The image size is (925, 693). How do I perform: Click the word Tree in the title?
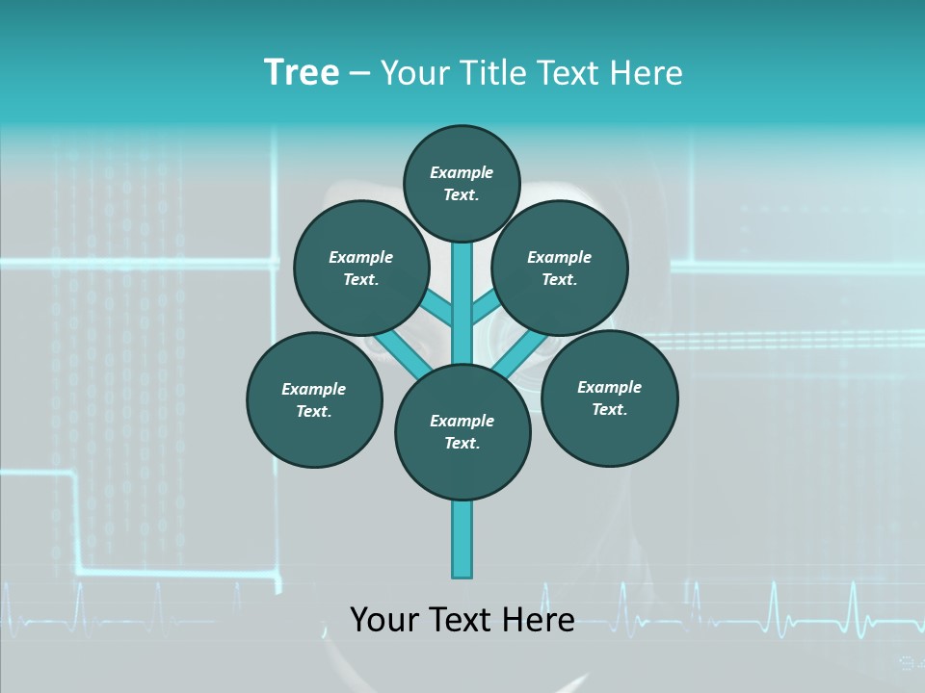(x=302, y=73)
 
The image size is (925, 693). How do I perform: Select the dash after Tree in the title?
(x=359, y=74)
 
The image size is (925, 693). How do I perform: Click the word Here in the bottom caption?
(x=538, y=619)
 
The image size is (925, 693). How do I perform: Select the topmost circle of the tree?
(x=462, y=184)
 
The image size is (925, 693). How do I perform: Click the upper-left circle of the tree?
(x=361, y=269)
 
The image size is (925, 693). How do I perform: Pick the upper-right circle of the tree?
(x=560, y=269)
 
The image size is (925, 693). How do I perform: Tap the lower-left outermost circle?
(x=314, y=400)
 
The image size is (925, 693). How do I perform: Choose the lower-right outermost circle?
(x=609, y=398)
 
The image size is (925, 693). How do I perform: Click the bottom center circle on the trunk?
(x=462, y=432)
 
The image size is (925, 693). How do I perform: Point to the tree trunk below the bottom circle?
(x=462, y=539)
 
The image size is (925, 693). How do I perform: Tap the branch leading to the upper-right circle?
(x=485, y=308)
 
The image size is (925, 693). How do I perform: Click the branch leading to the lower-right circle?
(x=513, y=354)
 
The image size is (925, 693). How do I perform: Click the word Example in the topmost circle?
(x=462, y=173)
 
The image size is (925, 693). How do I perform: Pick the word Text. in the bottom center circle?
(x=462, y=444)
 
